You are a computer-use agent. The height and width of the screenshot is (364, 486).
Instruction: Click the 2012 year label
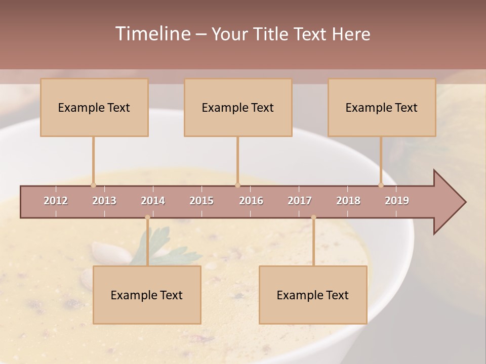[x=56, y=201]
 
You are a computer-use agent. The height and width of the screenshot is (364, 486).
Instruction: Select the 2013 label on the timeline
[x=104, y=201]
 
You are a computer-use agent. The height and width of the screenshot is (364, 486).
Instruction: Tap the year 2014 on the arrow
[x=153, y=201]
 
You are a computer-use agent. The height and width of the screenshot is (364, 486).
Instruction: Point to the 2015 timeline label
[x=201, y=201]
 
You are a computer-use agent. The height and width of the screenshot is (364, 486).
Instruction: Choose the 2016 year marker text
[x=251, y=201]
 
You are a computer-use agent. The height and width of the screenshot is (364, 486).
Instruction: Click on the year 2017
[x=300, y=201]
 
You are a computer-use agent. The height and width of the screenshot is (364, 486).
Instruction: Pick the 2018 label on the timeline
[x=348, y=201]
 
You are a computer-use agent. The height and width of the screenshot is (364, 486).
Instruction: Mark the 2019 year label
[x=397, y=201]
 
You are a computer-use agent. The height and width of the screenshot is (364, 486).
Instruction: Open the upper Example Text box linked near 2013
[x=94, y=107]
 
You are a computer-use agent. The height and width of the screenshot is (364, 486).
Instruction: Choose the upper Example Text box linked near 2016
[x=238, y=107]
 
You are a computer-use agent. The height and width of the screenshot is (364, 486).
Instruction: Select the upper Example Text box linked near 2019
[x=382, y=107]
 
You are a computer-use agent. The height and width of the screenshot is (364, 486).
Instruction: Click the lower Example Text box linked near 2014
[x=147, y=295]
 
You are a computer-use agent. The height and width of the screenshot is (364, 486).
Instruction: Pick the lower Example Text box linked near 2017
[x=313, y=295]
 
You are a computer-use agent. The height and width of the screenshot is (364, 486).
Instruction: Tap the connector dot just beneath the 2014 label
[x=147, y=217]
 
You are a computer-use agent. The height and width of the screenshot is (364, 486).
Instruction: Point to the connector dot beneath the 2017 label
[x=313, y=217]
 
